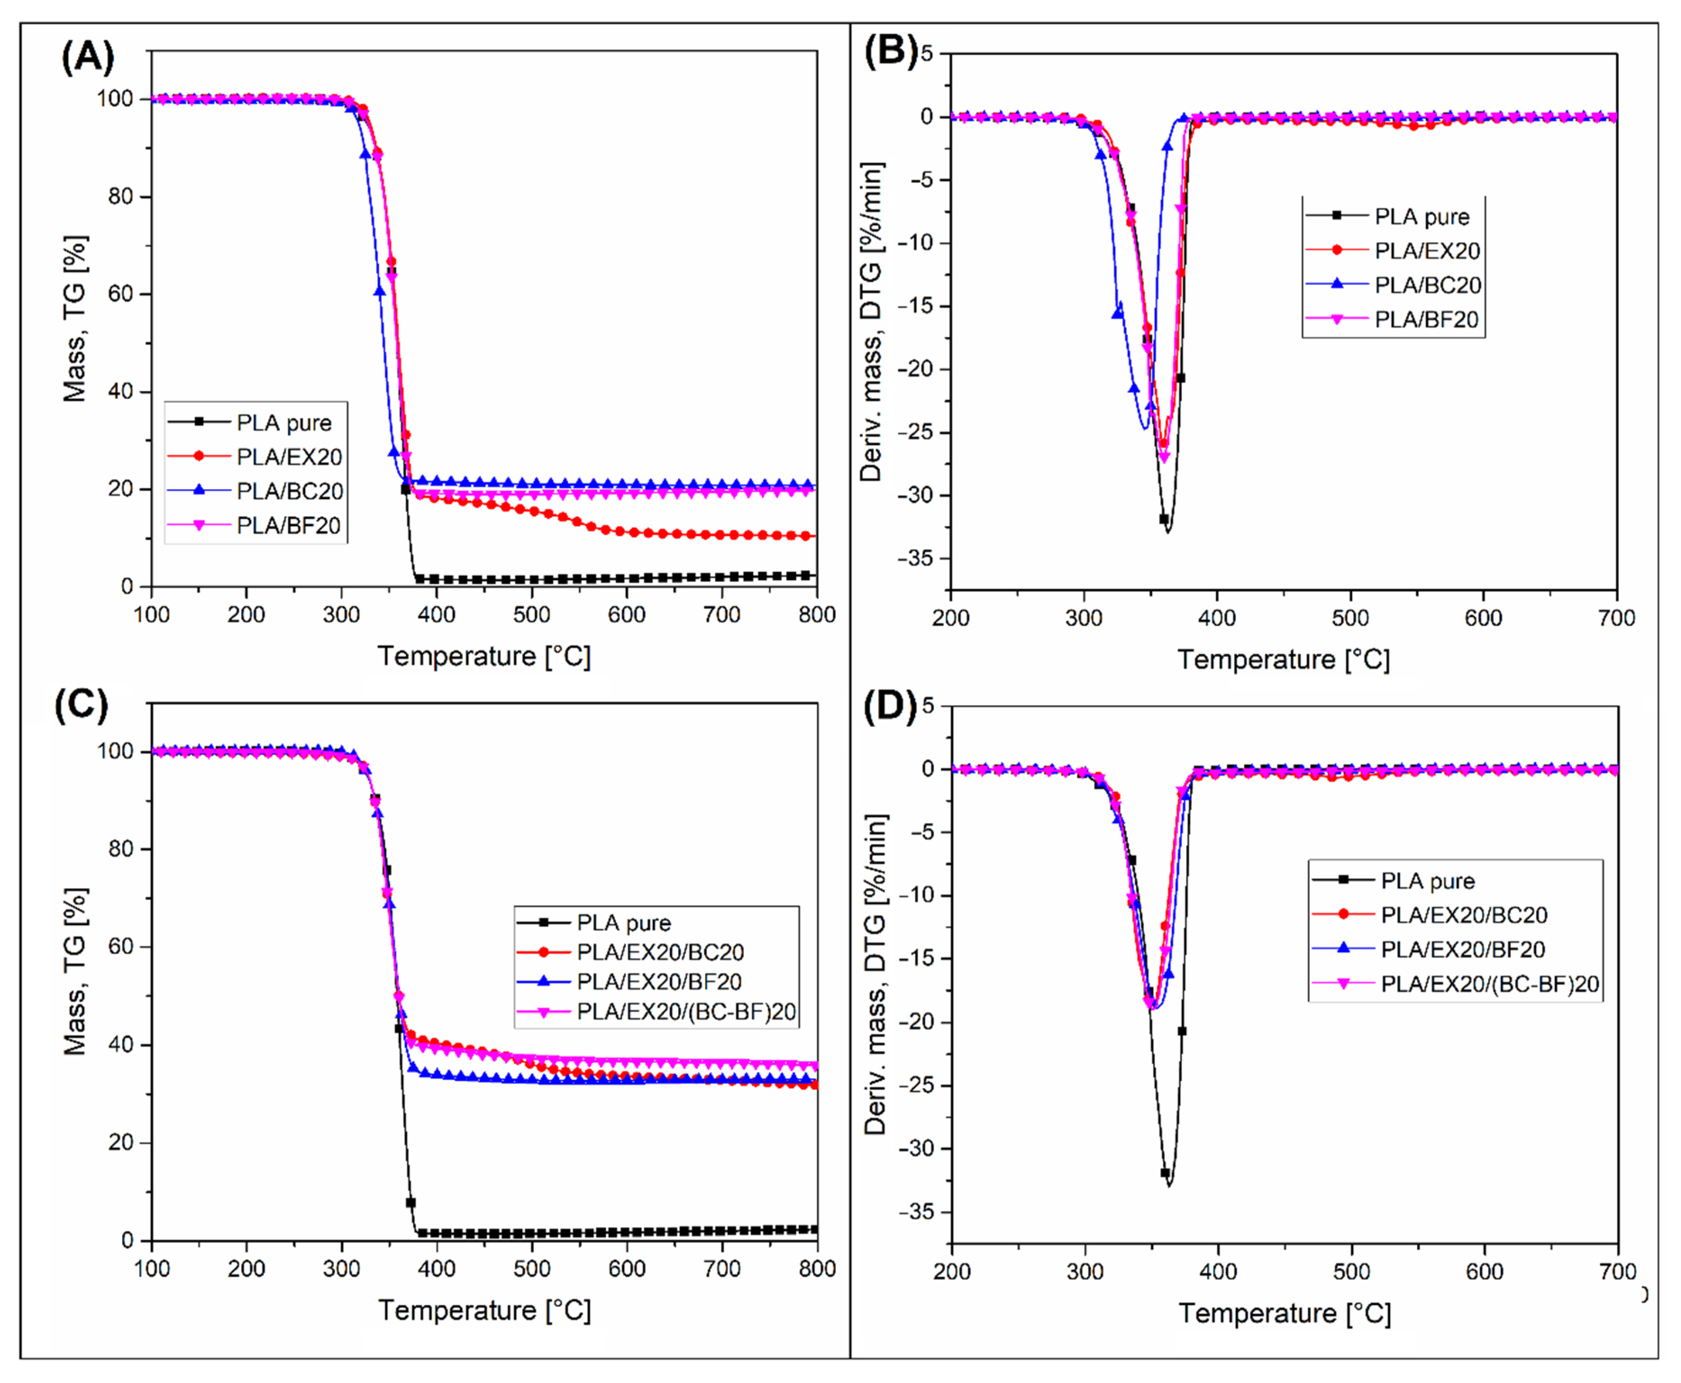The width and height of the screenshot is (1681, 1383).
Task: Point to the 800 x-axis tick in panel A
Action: tap(816, 614)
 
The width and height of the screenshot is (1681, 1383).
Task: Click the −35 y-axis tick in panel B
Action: tap(920, 559)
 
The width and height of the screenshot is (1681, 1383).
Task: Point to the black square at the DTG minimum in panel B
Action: tap(1163, 518)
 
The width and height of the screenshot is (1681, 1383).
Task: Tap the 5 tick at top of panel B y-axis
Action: tap(926, 53)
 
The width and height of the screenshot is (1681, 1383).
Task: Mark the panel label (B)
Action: tap(890, 53)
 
